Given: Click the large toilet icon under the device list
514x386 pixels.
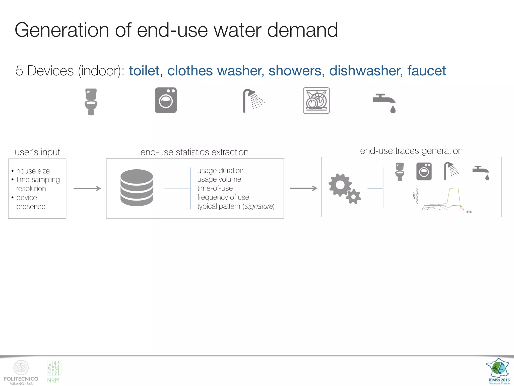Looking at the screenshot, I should pyautogui.click(x=91, y=102).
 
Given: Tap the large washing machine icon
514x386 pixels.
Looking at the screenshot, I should pyautogui.click(x=166, y=100).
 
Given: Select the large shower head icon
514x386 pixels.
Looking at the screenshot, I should pyautogui.click(x=253, y=101).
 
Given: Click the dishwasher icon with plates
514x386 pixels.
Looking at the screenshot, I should pyautogui.click(x=316, y=101).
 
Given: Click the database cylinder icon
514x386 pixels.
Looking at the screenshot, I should pyautogui.click(x=137, y=188).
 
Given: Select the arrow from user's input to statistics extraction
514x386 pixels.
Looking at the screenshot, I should pyautogui.click(x=87, y=188).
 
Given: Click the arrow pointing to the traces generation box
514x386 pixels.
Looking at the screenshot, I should pyautogui.click(x=303, y=188).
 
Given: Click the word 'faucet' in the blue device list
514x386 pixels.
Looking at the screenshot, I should pyautogui.click(x=426, y=71).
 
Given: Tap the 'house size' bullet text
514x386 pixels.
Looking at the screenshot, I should pyautogui.click(x=33, y=171).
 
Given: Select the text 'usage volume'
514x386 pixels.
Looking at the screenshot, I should pyautogui.click(x=219, y=179).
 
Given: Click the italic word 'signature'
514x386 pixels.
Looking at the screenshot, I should pyautogui.click(x=259, y=206).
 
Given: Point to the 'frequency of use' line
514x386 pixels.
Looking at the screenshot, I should pyautogui.click(x=223, y=197).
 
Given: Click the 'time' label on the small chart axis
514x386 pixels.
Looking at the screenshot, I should pyautogui.click(x=469, y=212).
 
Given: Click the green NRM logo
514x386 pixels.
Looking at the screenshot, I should pyautogui.click(x=54, y=372).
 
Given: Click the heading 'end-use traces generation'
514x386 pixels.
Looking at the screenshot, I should pyautogui.click(x=411, y=151).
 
